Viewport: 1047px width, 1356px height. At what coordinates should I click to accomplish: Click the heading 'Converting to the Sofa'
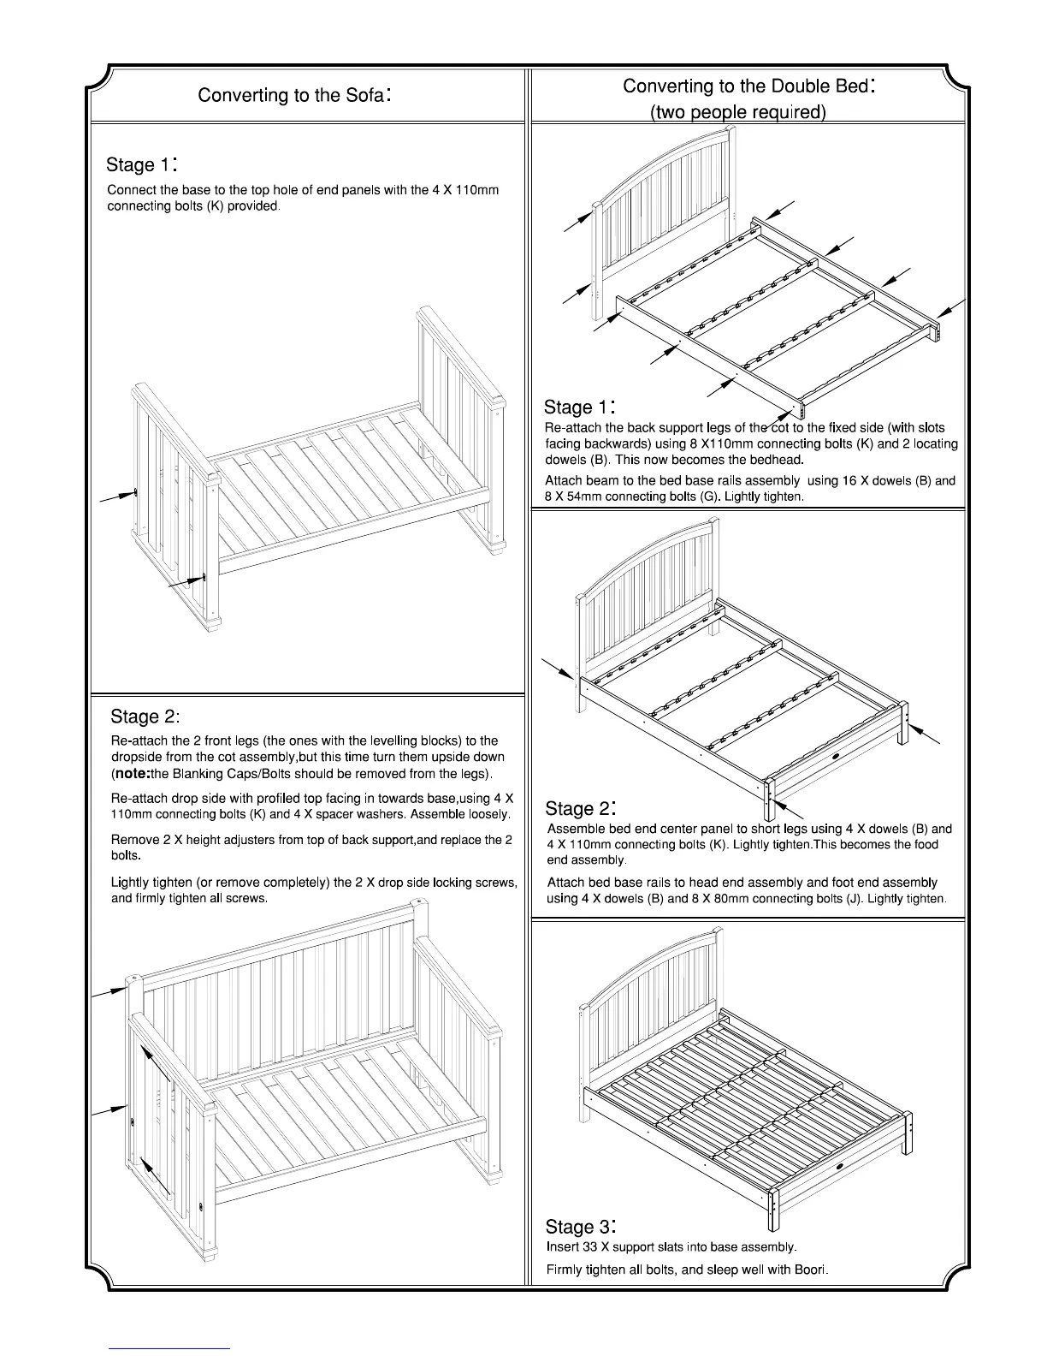[294, 94]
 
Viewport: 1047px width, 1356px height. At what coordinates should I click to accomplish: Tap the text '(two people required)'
[737, 112]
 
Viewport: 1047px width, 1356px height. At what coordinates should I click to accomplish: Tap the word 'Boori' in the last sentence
[808, 1270]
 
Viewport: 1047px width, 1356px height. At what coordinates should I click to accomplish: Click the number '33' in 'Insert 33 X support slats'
[593, 1246]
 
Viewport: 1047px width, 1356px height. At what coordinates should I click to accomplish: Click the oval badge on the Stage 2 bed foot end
[837, 757]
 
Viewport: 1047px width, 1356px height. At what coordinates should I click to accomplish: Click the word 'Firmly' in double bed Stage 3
[565, 1270]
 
